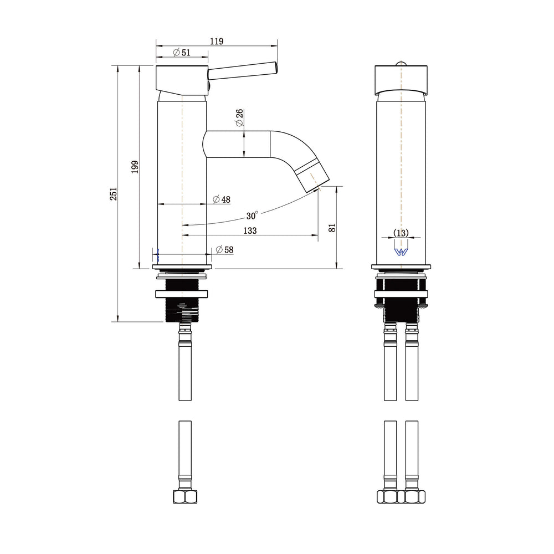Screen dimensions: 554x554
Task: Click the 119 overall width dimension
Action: (x=217, y=42)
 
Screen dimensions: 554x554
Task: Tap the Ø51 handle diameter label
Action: (x=182, y=52)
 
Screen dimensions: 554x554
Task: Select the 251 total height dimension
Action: (x=113, y=194)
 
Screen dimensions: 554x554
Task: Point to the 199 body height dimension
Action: (x=135, y=167)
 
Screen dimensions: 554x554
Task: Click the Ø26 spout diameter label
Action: (x=239, y=117)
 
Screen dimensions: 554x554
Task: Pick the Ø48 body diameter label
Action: (x=222, y=199)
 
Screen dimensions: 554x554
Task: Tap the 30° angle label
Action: (x=252, y=215)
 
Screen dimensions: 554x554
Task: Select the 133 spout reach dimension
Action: (x=250, y=230)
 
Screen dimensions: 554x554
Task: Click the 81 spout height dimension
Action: (x=332, y=228)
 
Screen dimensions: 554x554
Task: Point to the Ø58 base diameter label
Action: (x=224, y=250)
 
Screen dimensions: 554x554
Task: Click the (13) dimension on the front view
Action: (x=401, y=233)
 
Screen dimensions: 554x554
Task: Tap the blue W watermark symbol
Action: (x=401, y=252)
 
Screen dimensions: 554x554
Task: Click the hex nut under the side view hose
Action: (x=185, y=497)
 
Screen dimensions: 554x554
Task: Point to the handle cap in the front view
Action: (x=401, y=80)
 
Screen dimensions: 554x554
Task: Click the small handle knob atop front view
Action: (x=401, y=64)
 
